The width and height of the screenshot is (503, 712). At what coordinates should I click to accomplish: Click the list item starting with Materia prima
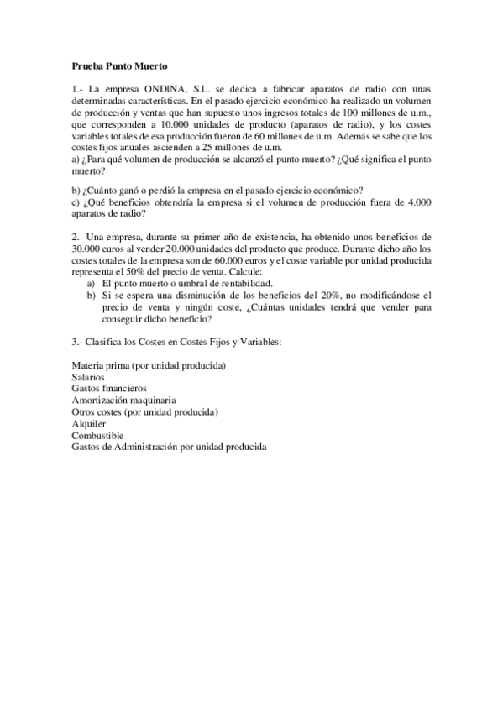(x=150, y=366)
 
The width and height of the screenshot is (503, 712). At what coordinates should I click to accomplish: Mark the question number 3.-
(x=77, y=343)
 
